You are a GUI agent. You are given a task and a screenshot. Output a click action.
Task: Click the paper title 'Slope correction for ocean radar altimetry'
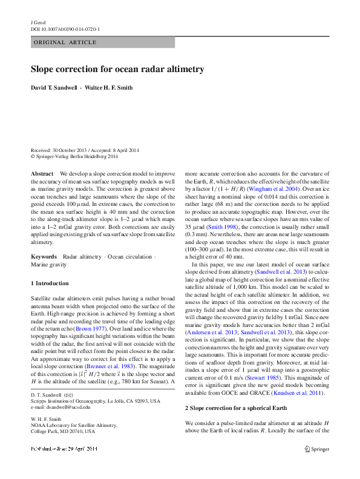click(x=117, y=70)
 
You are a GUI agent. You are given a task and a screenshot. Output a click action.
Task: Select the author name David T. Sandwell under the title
click(x=54, y=88)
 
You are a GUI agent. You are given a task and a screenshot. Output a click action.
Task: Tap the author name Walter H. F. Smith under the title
click(x=110, y=88)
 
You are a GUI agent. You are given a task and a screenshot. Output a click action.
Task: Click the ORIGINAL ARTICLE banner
click(x=65, y=42)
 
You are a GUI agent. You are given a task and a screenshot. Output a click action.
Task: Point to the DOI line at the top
click(x=65, y=28)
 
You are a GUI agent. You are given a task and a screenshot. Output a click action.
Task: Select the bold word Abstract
click(x=42, y=174)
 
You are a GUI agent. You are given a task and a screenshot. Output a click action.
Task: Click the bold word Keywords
click(x=44, y=257)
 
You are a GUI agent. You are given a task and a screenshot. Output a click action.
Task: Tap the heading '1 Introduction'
click(x=50, y=283)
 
